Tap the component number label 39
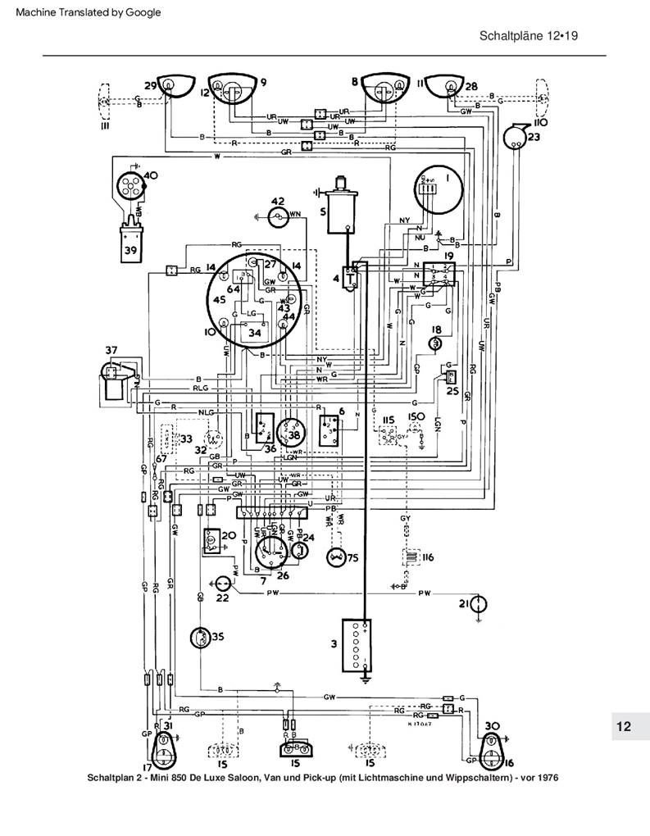(x=129, y=251)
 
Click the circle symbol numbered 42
(x=280, y=216)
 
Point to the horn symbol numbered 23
(x=515, y=137)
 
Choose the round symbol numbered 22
(x=221, y=582)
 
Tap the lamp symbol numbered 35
(x=199, y=637)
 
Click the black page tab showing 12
(x=624, y=726)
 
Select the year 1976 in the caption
(x=543, y=778)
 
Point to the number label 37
(x=111, y=352)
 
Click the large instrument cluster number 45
(x=220, y=300)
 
